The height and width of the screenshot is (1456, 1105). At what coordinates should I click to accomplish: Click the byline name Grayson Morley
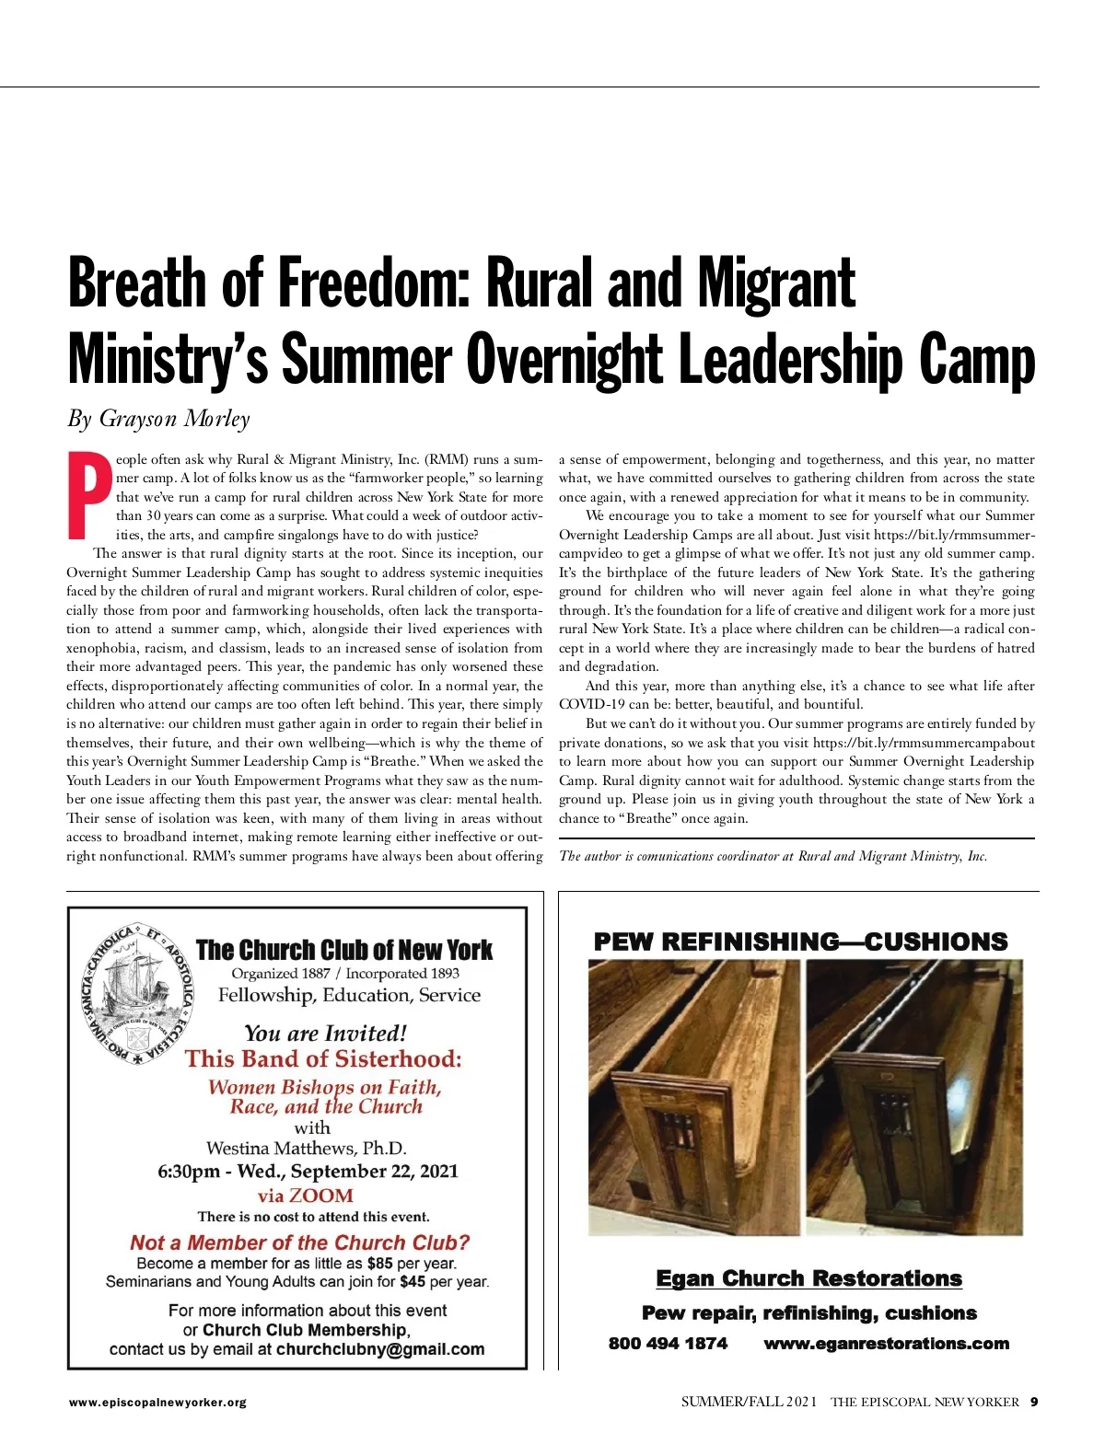coord(174,419)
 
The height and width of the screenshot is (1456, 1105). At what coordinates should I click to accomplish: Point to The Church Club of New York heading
coord(344,950)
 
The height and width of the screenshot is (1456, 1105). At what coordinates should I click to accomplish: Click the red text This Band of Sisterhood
coord(322,1058)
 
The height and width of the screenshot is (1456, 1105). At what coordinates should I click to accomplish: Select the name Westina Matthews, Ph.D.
coord(307,1148)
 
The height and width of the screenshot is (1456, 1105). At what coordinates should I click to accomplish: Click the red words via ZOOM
coord(306,1196)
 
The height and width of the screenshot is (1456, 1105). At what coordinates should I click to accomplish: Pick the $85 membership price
coord(379,1264)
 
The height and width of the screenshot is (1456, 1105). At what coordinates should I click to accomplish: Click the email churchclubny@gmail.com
coord(379,1349)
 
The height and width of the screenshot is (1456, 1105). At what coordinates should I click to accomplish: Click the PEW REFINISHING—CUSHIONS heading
coord(800,942)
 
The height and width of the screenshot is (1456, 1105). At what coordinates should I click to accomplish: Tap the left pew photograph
coord(694,1097)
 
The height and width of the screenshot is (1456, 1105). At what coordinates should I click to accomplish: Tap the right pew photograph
coord(914,1097)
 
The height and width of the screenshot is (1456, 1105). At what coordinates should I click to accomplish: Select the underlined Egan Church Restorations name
coord(808,1278)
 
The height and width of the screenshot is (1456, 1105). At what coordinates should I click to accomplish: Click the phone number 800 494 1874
coord(668,1344)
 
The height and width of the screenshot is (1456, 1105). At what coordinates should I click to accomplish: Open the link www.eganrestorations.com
coord(886,1344)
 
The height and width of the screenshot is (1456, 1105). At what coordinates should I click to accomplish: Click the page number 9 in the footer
coord(1034,1403)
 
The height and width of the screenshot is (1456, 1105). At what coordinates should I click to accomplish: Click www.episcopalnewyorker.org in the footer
coord(157,1403)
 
